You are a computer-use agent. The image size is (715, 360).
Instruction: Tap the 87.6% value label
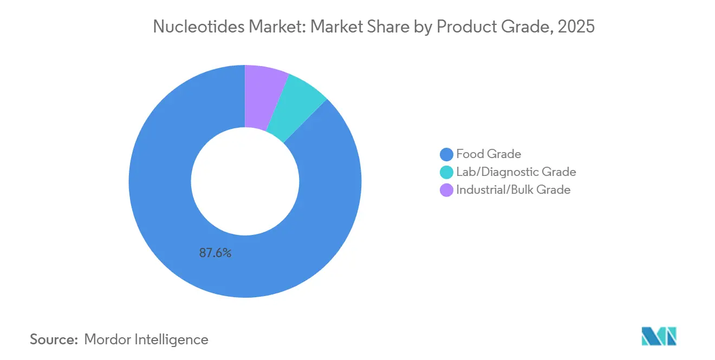[x=215, y=253]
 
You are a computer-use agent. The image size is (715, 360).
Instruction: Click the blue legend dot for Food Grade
[x=447, y=154]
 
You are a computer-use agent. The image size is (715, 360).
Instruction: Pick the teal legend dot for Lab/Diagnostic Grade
[x=447, y=172]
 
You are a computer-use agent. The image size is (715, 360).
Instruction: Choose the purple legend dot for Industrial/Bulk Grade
[x=447, y=190]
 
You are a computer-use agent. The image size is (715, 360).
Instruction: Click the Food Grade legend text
[x=489, y=154]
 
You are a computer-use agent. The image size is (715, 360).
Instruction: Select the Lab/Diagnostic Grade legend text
[x=516, y=172]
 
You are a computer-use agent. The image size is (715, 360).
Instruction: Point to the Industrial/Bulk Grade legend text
[x=513, y=190]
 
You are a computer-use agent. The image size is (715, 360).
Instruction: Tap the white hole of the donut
[x=245, y=181]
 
